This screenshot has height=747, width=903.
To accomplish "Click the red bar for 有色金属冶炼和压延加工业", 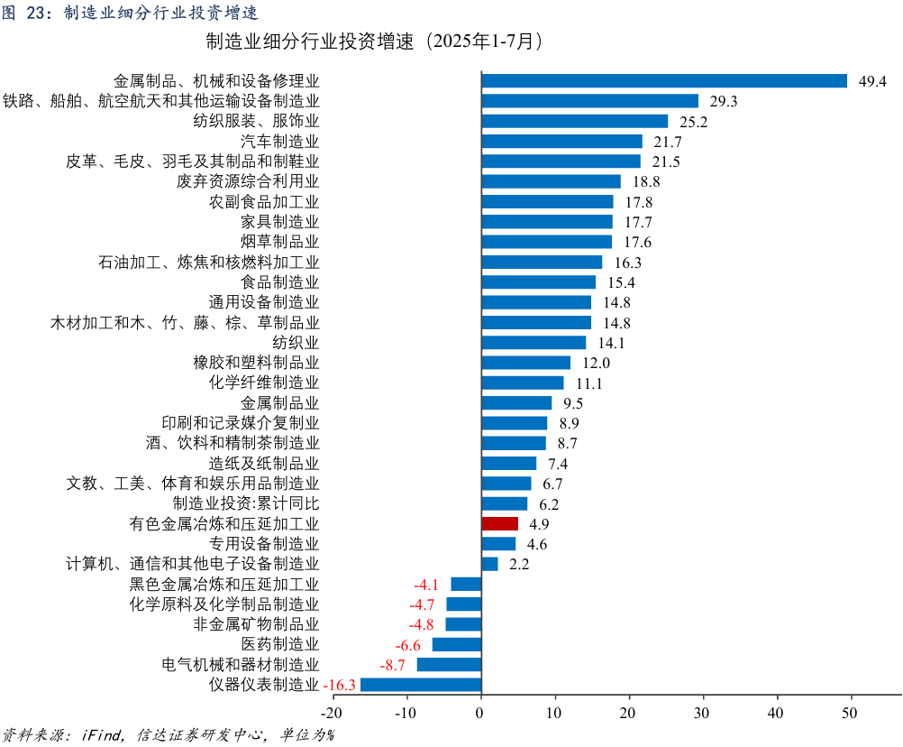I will click(499, 523).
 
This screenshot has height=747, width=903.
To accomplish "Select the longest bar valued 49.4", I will click(664, 81).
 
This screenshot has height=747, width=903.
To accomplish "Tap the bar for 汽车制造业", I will click(561, 142).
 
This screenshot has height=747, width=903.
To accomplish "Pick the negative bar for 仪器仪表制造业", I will click(421, 685).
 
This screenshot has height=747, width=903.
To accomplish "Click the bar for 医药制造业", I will click(457, 644).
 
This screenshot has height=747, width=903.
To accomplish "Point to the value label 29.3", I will click(724, 101).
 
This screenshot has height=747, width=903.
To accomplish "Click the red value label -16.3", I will click(340, 685).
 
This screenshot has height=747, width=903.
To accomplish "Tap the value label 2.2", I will click(519, 564).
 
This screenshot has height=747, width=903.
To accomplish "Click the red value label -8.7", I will click(393, 665).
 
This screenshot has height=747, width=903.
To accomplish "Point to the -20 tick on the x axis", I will click(333, 713).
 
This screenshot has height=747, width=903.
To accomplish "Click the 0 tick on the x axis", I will click(481, 713).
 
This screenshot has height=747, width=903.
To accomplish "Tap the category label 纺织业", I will click(296, 343).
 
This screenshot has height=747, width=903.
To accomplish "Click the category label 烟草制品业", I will click(279, 242).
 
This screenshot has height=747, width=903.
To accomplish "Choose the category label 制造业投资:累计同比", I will click(246, 503).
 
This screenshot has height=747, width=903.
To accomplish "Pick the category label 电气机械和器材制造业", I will click(240, 665).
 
